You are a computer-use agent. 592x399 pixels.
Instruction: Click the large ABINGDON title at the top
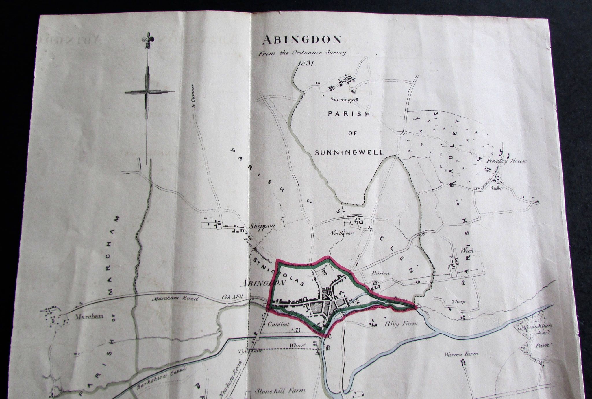point(302,40)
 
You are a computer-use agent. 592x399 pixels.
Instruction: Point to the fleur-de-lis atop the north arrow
point(147,41)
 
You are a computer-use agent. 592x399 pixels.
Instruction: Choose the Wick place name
point(467,251)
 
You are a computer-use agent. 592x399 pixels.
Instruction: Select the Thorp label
point(458,301)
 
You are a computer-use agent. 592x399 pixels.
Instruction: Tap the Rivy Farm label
point(401,324)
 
